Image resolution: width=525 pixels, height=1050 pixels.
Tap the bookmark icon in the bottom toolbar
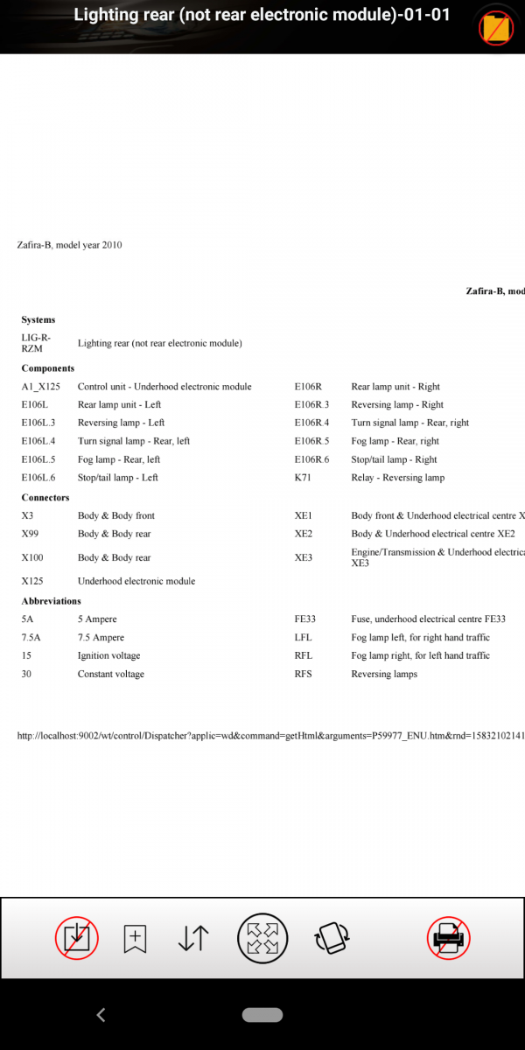(135, 938)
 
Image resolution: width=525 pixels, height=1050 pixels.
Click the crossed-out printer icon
(449, 938)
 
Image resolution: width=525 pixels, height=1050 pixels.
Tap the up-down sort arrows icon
(192, 938)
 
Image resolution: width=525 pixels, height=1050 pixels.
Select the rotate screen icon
(332, 938)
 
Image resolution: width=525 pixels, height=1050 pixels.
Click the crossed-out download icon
(77, 938)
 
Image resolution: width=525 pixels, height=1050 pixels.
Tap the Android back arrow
(101, 1015)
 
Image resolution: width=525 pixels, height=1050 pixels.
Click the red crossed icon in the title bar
(495, 28)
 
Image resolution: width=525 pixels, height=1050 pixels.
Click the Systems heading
(38, 320)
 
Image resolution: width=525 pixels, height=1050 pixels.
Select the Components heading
(48, 368)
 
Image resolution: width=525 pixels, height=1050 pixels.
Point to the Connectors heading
(45, 498)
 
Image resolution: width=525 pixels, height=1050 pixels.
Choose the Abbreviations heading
(52, 601)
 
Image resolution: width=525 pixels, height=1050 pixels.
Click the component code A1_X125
(41, 387)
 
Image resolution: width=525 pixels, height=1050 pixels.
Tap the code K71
(303, 478)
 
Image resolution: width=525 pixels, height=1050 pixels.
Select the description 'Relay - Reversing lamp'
(397, 478)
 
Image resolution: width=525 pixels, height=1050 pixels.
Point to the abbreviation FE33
(305, 619)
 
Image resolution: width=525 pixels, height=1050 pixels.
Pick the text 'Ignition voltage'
(108, 656)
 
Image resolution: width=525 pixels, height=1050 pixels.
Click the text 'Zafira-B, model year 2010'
(70, 245)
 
